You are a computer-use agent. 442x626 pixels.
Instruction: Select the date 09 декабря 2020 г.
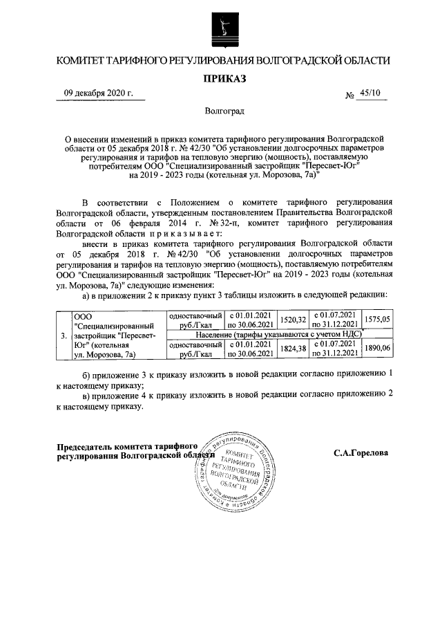click(x=98, y=95)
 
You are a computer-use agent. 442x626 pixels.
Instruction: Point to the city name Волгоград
click(x=224, y=111)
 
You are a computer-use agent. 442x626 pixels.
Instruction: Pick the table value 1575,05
click(x=377, y=320)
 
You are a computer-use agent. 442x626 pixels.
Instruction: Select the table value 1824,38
click(x=291, y=349)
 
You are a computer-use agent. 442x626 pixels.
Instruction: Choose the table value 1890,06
click(x=377, y=349)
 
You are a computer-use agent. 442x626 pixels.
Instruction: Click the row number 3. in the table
click(x=64, y=338)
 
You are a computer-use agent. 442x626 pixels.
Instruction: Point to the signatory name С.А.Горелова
click(x=360, y=454)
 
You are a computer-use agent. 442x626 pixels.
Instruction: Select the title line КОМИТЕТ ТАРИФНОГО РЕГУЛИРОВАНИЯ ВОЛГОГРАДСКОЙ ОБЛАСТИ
click(x=222, y=62)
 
